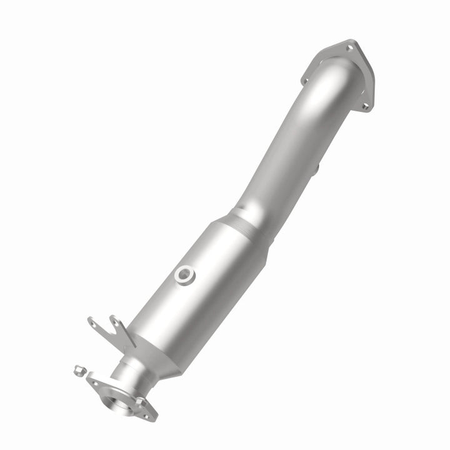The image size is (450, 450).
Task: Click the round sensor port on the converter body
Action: (x=184, y=274)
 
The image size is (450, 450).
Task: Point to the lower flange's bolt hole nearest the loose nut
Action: (x=94, y=379)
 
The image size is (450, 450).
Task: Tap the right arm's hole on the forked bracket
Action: (x=116, y=323)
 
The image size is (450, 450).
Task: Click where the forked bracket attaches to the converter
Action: (x=128, y=341)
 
